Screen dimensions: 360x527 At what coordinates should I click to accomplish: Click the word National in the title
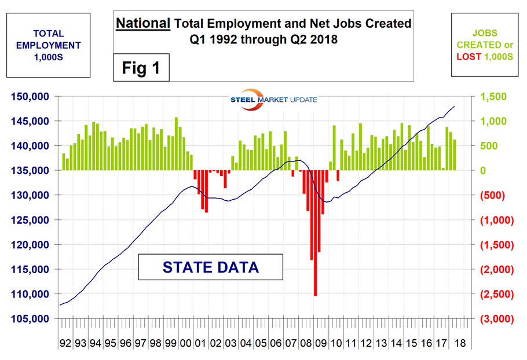(142, 24)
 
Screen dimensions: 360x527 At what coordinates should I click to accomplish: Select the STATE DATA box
(210, 267)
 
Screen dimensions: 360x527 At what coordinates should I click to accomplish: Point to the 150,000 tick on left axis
(33, 97)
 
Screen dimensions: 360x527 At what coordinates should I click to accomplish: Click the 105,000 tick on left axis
(33, 319)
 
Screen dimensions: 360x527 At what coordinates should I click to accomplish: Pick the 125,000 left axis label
(33, 220)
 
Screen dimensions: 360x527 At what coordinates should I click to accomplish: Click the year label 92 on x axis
(65, 343)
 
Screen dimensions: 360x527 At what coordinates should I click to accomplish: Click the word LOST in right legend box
(468, 56)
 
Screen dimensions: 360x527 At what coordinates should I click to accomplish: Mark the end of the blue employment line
(455, 106)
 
